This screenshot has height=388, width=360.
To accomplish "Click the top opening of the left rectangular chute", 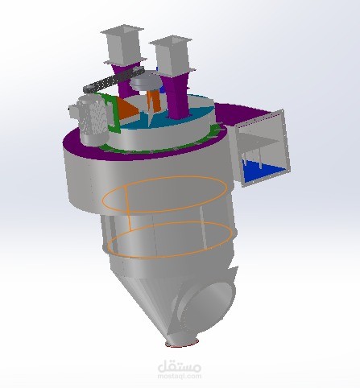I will coord(122,30).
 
